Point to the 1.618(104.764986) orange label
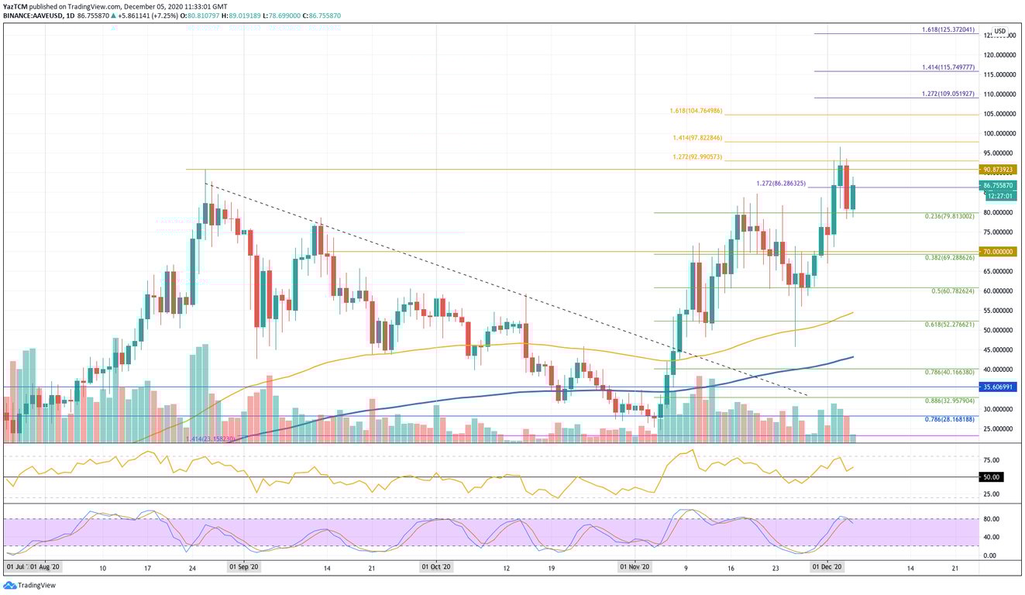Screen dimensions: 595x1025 point(696,111)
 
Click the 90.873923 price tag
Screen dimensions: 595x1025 point(999,169)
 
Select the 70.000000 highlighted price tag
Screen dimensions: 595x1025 point(999,252)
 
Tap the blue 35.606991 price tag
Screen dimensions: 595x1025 point(999,387)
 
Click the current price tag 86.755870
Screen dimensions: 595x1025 point(999,186)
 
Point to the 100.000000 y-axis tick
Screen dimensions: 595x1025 point(999,133)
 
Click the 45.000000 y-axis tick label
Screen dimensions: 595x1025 point(999,350)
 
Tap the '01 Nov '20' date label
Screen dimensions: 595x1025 point(635,567)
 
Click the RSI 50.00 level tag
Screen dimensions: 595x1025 point(991,477)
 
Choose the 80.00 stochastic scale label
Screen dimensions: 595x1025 point(990,519)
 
